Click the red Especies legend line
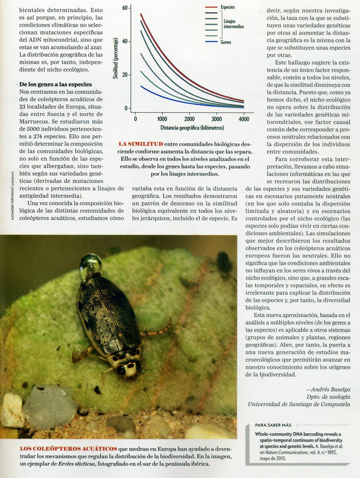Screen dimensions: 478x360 click(x=211, y=7)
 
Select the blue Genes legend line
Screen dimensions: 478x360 click(x=211, y=42)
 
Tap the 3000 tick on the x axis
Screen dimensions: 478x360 click(x=216, y=119)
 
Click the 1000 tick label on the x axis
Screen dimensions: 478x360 click(x=162, y=119)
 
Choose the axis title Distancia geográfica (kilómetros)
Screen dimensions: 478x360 click(x=192, y=128)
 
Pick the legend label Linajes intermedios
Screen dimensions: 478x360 click(x=234, y=24)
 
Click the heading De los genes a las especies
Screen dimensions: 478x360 click(x=56, y=84)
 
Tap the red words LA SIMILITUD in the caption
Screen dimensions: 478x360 click(x=141, y=144)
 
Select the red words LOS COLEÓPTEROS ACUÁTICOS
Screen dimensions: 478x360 click(x=68, y=449)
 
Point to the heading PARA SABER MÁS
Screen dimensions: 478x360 click(x=273, y=425)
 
